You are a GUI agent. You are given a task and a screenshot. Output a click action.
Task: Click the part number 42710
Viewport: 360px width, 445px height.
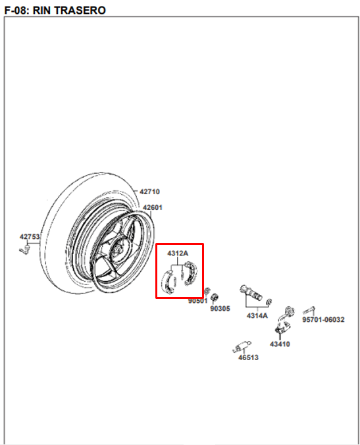(x=149, y=192)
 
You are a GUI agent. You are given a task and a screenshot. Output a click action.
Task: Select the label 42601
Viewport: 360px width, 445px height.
(x=153, y=208)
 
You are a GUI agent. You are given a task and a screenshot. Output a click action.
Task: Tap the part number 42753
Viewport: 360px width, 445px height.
(x=30, y=237)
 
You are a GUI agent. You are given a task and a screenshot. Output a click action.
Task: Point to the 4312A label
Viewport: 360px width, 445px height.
(x=178, y=253)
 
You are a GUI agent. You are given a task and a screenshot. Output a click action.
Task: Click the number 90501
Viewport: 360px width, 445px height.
(x=198, y=301)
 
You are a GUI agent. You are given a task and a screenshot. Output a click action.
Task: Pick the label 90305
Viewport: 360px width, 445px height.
(x=220, y=309)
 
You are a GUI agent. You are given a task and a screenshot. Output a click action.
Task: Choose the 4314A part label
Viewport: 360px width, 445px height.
(x=257, y=315)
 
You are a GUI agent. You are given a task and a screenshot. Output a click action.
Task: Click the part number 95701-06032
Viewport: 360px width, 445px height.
(x=323, y=319)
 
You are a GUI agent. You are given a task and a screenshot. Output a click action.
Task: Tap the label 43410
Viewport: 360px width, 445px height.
(x=280, y=344)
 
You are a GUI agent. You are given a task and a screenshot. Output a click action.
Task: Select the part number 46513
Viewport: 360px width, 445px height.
(x=249, y=357)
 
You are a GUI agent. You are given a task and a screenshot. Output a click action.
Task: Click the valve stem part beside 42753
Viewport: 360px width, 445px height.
(x=25, y=250)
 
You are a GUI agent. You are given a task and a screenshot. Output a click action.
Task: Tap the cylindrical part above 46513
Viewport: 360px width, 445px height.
(x=242, y=347)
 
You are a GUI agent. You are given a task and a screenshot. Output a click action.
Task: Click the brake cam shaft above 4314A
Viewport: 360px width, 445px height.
(x=251, y=294)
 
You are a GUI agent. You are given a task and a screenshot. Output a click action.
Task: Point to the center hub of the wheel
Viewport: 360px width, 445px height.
(x=116, y=249)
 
